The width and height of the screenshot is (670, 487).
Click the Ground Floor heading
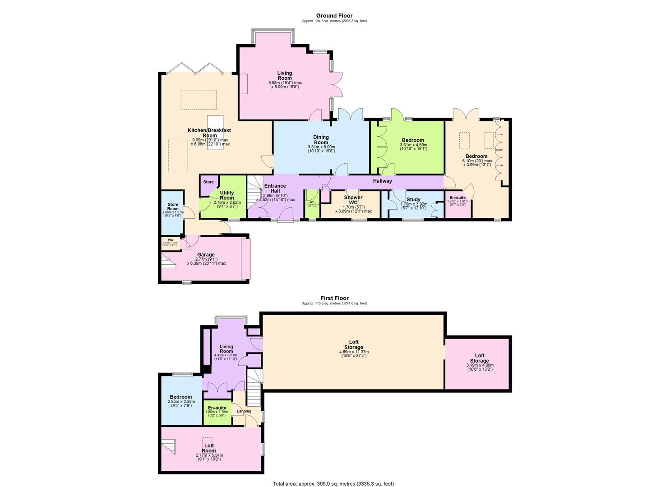pos(334,16)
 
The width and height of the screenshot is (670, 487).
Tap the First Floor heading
pos(334,298)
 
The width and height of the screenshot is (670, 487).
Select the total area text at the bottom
pos(333,483)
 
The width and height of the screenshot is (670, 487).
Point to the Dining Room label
pos(321,140)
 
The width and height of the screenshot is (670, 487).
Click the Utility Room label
pos(227,195)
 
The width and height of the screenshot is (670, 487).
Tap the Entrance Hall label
pos(275,188)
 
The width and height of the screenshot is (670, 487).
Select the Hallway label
pos(382,181)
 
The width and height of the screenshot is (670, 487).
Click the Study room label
pos(413,199)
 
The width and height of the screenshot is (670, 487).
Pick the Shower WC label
pos(353,200)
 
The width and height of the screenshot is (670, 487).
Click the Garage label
pos(206,255)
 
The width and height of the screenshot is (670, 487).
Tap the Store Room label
pos(173,207)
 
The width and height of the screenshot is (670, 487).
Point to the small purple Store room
pos(208,183)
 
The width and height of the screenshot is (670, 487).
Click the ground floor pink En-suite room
pos(457,205)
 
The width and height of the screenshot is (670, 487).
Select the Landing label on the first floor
pos(244,411)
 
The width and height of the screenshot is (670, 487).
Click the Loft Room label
pos(209,448)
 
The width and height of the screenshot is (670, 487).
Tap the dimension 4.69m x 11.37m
pos(353,352)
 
